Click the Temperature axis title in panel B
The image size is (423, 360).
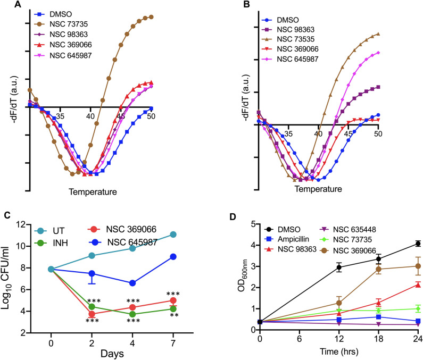pyautogui.click(x=318, y=189)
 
